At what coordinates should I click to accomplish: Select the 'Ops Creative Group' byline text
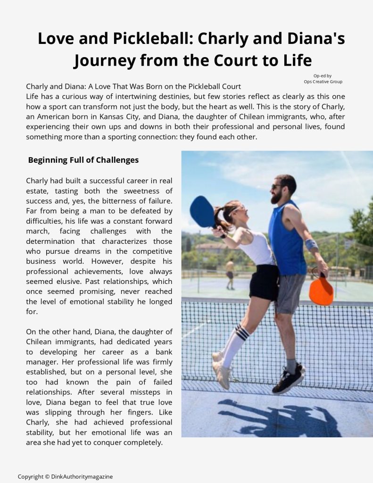[323, 82]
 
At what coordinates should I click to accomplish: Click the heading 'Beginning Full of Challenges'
[83, 160]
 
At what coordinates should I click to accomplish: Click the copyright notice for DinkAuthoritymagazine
[65, 476]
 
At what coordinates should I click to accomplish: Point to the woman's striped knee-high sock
[234, 344]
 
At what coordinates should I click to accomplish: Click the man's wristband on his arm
[311, 245]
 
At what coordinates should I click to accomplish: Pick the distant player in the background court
[230, 274]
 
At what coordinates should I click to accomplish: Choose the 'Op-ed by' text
[323, 75]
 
